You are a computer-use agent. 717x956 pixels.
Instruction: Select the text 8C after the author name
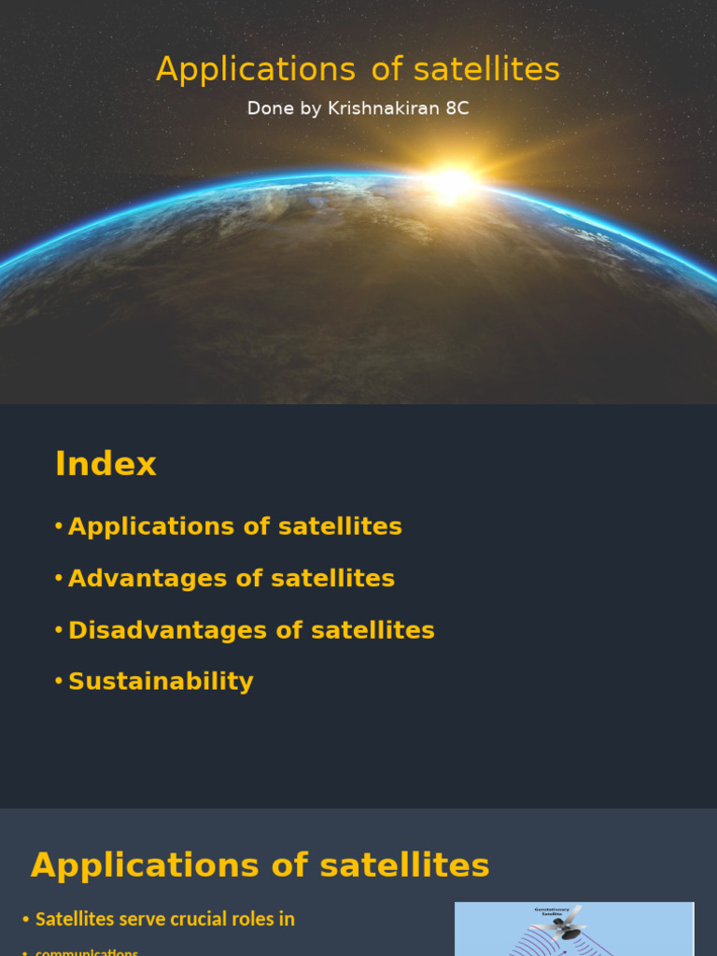457,108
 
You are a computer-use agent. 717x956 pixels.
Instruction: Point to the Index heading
105,464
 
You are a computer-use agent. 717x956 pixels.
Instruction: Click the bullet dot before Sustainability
59,682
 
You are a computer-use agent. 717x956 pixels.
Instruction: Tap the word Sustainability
161,682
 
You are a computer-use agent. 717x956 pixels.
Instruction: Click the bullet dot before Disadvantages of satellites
59,630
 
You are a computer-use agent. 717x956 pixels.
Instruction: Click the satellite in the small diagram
566,924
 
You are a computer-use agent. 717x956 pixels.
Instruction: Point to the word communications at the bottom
87,951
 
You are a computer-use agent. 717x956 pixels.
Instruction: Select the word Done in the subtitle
266,108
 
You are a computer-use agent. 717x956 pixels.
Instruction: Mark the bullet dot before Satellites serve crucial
26,921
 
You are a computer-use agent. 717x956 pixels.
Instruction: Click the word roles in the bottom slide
257,920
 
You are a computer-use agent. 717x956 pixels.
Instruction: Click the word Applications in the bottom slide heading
146,865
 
